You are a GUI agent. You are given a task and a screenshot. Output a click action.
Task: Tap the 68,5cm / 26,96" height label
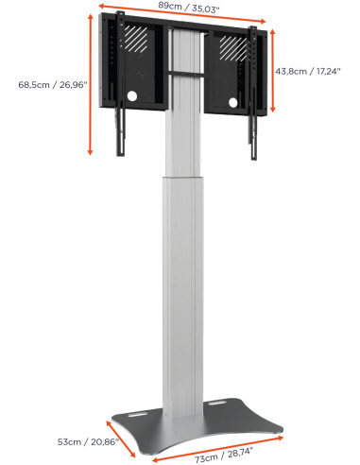click(x=53, y=85)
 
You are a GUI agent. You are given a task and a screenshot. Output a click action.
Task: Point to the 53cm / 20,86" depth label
click(x=79, y=440)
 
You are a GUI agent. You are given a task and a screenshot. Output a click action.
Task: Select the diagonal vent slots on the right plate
click(x=230, y=43)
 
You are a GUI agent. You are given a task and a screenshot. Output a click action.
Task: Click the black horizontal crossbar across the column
click(x=185, y=74)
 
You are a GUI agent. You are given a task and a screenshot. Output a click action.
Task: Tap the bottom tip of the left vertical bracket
click(x=120, y=151)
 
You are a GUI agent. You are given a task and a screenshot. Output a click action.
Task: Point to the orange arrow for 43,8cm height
click(x=272, y=71)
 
